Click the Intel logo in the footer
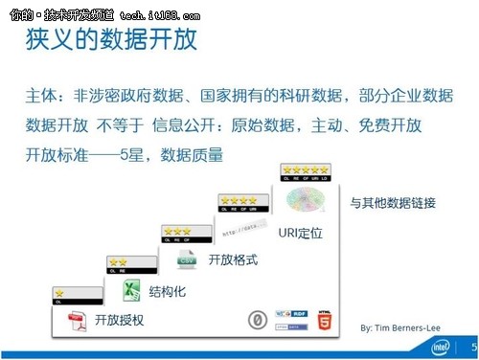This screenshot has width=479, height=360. (441, 347)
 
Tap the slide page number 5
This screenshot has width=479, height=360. (470, 348)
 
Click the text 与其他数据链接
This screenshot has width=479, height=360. (393, 202)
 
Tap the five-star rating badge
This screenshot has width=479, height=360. (305, 173)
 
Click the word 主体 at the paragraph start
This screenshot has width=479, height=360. (42, 99)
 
